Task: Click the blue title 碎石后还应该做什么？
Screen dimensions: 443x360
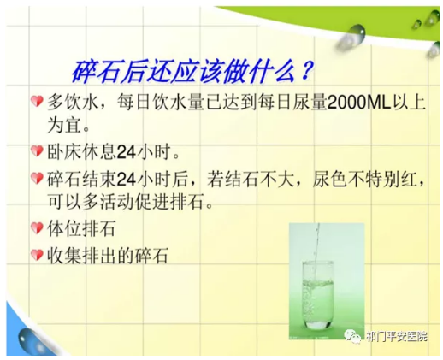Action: tap(192, 71)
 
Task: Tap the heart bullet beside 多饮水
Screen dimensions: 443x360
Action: tap(37, 101)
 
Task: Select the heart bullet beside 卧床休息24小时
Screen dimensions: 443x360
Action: tap(37, 151)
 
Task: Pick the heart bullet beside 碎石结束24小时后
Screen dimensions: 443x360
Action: tap(37, 178)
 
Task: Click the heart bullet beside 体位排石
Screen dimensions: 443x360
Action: tap(37, 228)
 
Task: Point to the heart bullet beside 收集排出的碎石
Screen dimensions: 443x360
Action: tap(37, 255)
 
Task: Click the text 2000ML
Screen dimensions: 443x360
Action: tap(359, 103)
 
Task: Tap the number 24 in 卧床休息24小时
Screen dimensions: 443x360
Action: tap(126, 152)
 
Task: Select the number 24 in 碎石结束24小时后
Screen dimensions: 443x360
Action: tap(126, 179)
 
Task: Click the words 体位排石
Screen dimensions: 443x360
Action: tap(81, 228)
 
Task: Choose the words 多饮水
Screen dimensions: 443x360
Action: tap(73, 102)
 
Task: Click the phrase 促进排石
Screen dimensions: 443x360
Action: tap(168, 202)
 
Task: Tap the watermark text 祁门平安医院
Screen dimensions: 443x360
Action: tap(397, 336)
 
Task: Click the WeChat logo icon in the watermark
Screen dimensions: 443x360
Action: tap(352, 336)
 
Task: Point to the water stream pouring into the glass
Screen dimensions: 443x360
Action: tap(316, 251)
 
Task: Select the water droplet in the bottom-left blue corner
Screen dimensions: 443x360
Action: tap(31, 340)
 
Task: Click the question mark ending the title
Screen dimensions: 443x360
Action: tap(305, 71)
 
